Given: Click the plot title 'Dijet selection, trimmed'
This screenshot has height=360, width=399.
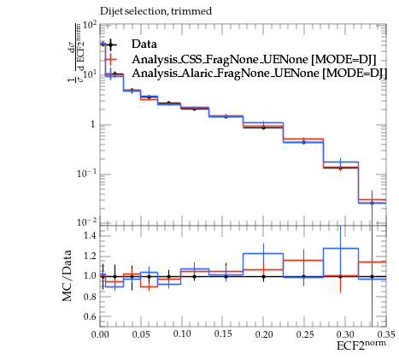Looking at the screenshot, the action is pos(155,12).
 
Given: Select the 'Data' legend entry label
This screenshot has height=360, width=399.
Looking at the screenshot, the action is pos(144,44).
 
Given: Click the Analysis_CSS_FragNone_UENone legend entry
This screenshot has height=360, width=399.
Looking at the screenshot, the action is pos(254,59).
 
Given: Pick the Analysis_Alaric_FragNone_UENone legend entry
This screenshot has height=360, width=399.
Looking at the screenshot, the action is pos(260,74).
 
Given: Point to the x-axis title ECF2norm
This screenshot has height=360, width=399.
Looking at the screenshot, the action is pos(361,345).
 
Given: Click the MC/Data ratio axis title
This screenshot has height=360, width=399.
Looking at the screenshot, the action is pos(67,275).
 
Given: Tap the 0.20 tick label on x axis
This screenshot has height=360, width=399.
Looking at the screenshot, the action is pos(264,334).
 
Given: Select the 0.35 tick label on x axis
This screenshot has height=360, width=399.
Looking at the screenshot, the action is pos(386,334).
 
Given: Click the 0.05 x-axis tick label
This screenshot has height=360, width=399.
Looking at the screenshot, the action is pos(141,334).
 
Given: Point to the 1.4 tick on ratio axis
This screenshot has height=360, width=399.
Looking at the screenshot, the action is pos(91,236).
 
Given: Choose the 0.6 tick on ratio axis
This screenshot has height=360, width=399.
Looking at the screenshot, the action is pos(91,316).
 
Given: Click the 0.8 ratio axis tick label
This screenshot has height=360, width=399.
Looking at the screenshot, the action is pos(91,297).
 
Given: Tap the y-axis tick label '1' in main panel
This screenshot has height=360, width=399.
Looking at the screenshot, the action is pos(92,125).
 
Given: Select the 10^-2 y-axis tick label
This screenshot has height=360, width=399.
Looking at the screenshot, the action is pos(86,222).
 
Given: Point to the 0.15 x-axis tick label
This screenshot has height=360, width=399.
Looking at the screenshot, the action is pos(223,334).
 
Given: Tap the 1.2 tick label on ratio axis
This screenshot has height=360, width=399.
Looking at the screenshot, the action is pos(91,256).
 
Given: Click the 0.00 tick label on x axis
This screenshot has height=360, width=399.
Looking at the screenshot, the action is pos(100,334).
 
